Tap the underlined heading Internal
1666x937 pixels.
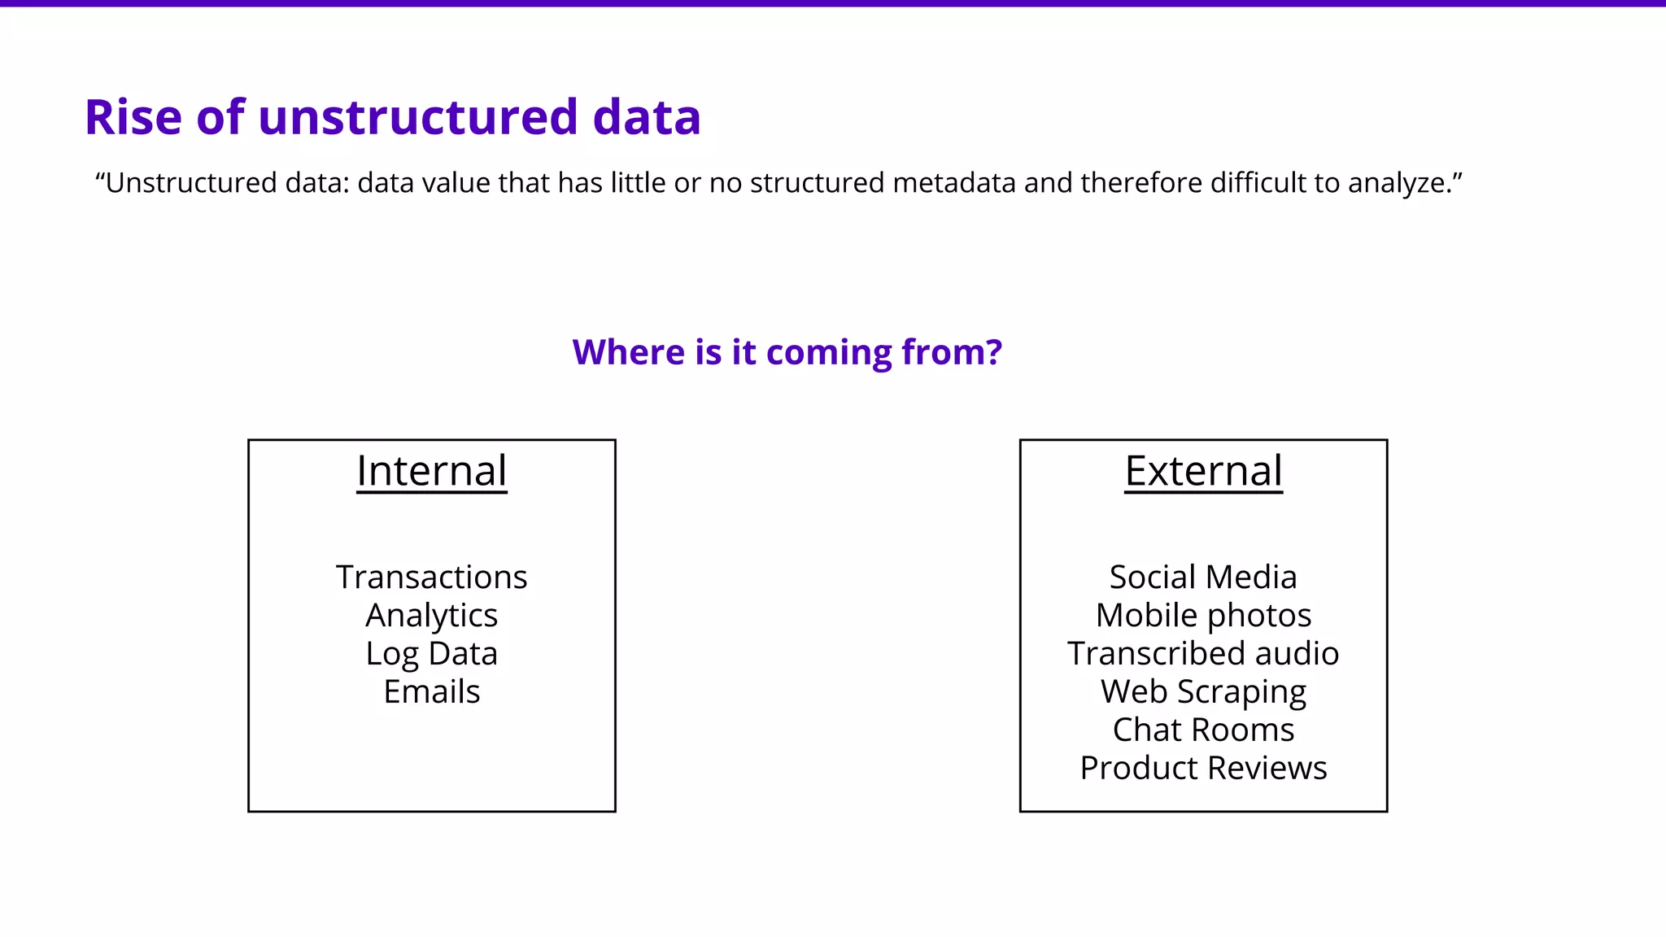[x=431, y=471]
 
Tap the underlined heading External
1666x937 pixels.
[x=1203, y=471]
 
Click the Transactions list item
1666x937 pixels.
[x=431, y=577]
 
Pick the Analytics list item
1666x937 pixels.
[x=431, y=616]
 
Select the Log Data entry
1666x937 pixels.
[x=431, y=654]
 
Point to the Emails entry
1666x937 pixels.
[x=431, y=692]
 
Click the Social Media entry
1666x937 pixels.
[x=1203, y=577]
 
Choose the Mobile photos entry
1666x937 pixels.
[x=1203, y=616]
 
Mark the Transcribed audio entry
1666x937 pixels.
[x=1203, y=654]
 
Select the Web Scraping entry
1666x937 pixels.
[x=1203, y=692]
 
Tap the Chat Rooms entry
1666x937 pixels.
[x=1203, y=730]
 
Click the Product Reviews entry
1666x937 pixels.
[x=1203, y=768]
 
